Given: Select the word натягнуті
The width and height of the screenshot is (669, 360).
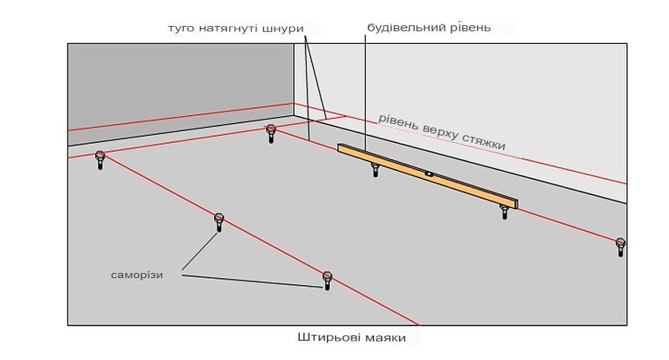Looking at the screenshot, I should tap(224, 28).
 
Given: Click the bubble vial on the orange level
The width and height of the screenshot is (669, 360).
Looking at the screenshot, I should tap(429, 175).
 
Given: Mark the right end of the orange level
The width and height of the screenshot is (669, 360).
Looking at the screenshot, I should tap(515, 203).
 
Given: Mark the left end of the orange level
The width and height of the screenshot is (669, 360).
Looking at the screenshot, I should tap(340, 148).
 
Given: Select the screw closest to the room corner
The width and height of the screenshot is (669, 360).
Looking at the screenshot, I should tap(271, 133).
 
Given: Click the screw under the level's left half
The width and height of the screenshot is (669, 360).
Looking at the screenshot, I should tap(375, 168).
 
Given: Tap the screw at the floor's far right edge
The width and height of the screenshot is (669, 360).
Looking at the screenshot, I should tap(621, 246).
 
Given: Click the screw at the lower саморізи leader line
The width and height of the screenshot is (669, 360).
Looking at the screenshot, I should tap(327, 280).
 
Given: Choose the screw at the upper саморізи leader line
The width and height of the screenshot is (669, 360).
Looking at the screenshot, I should tap(219, 222).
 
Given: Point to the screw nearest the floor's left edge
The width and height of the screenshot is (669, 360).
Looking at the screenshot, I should tap(100, 160).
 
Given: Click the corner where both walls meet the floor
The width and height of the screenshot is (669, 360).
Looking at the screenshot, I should tap(294, 115).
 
